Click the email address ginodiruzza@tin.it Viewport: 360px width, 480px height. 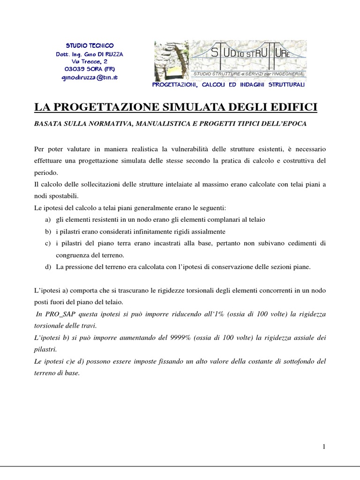click(90, 77)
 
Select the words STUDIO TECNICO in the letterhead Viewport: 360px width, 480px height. click(89, 45)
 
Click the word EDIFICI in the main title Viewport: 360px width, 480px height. click(294, 108)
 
